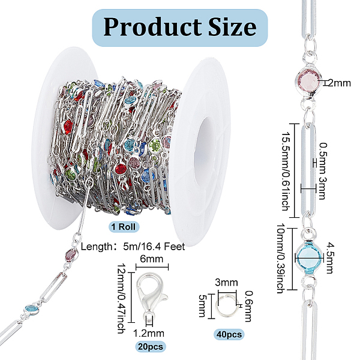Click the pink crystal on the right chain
pyautogui.click(x=311, y=83)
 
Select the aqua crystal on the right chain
pyautogui.click(x=310, y=252)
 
